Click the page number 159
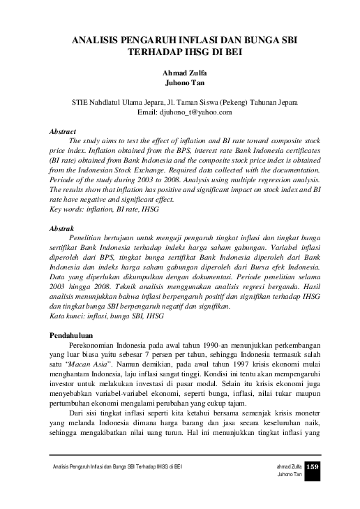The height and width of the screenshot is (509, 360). pyautogui.click(x=313, y=466)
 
